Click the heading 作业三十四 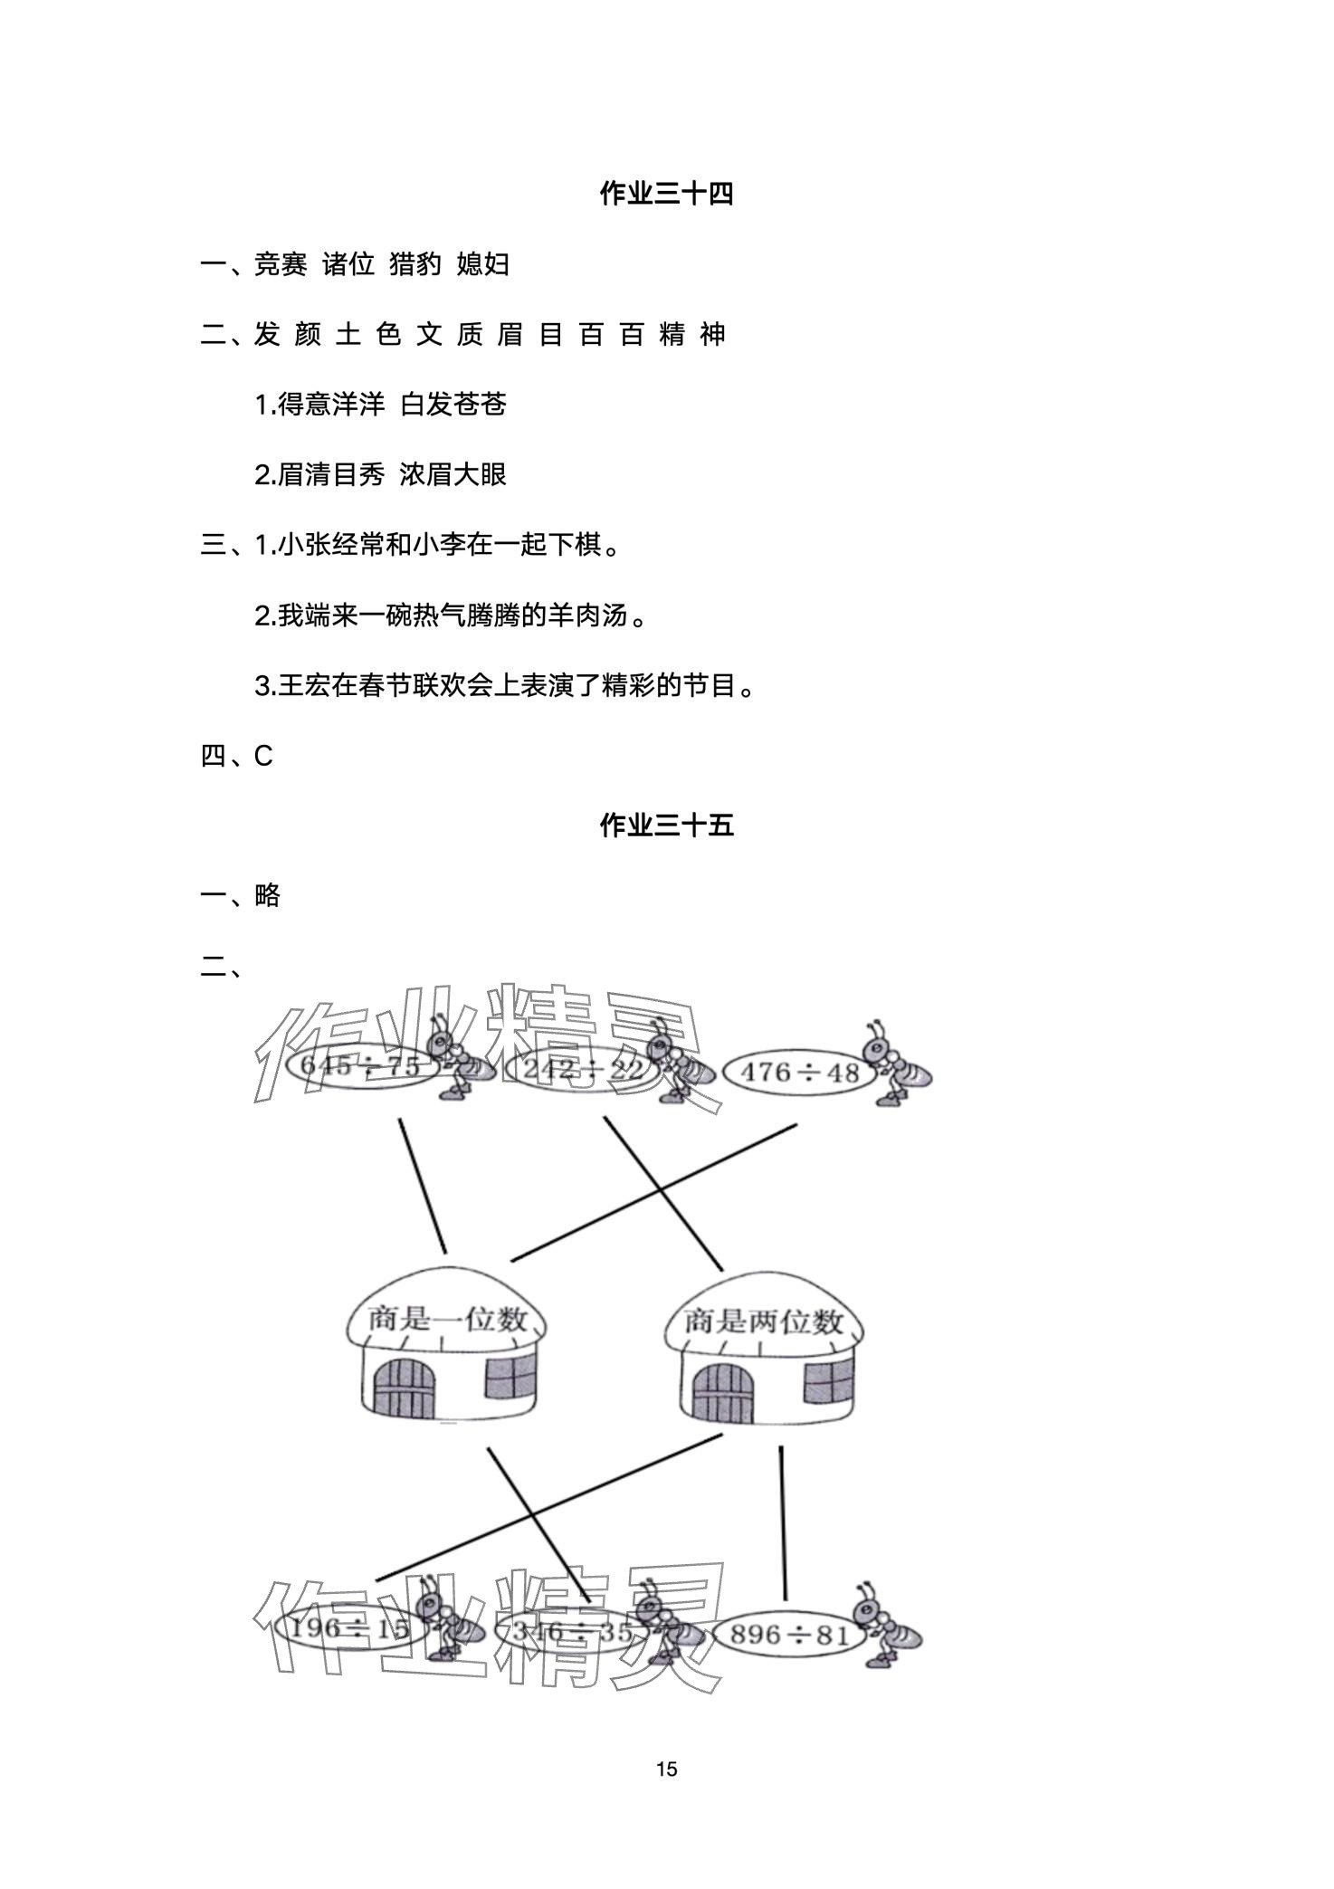pos(666,194)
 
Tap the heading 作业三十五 pos(666,825)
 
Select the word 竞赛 pos(281,264)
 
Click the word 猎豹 pos(415,264)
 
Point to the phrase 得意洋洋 pos(331,405)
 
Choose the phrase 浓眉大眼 pos(453,474)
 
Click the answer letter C pos(263,756)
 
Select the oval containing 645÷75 pos(360,1066)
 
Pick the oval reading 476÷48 pos(799,1073)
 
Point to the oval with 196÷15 pos(343,1629)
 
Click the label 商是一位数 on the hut pos(447,1319)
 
